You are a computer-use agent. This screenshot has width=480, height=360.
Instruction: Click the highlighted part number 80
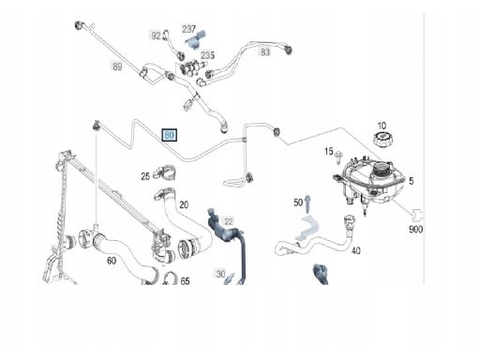(x=169, y=135)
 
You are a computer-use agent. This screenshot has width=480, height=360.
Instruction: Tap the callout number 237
(x=188, y=29)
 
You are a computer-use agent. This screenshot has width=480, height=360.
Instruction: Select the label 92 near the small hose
(x=156, y=36)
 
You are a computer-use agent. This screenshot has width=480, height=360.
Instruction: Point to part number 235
(x=207, y=55)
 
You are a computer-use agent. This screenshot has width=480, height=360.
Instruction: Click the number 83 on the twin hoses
(x=265, y=52)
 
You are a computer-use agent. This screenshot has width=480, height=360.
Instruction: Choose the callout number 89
(x=117, y=67)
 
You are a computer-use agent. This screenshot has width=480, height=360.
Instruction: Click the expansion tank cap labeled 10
(x=383, y=139)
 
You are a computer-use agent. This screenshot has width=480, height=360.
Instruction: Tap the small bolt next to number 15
(x=338, y=157)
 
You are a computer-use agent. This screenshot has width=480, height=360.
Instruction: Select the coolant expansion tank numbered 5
(x=368, y=184)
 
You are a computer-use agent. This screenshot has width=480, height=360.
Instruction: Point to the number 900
(x=415, y=230)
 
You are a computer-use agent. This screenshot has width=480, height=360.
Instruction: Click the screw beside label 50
(x=307, y=204)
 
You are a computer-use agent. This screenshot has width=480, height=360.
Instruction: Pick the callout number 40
(x=356, y=250)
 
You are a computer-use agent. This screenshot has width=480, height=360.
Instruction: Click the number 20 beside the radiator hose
(x=184, y=204)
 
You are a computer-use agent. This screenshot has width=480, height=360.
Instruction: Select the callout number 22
(x=229, y=221)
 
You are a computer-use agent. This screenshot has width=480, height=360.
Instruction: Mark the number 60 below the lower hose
(x=112, y=261)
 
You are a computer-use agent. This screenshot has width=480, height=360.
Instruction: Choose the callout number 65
(x=185, y=281)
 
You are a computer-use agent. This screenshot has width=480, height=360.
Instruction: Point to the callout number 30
(x=220, y=274)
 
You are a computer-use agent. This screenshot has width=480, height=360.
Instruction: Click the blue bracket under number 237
(x=196, y=39)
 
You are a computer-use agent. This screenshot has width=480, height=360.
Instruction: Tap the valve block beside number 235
(x=190, y=67)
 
